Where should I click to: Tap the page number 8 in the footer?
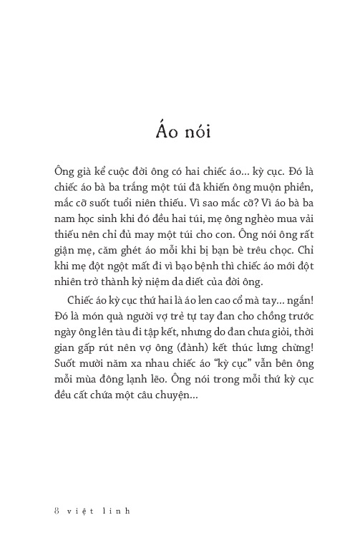pos(57,511)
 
